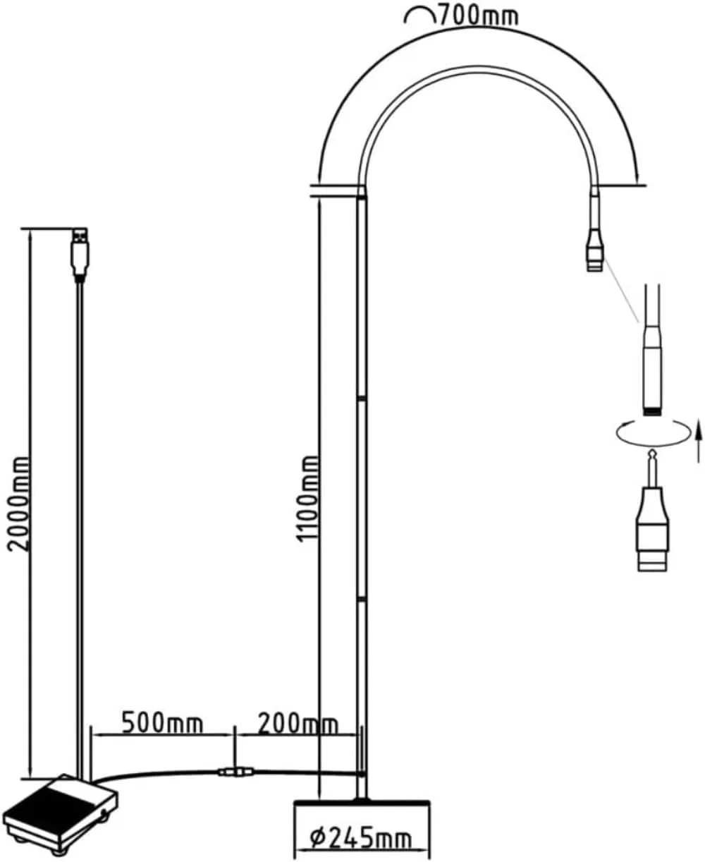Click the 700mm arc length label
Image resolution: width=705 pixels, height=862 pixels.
(x=478, y=16)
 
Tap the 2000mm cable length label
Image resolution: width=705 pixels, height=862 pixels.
(x=19, y=504)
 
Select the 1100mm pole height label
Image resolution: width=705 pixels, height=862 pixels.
(x=307, y=499)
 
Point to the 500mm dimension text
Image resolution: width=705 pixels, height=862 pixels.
(x=162, y=723)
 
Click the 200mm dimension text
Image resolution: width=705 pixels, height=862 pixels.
(x=298, y=724)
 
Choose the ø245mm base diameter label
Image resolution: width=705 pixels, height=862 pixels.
(x=361, y=838)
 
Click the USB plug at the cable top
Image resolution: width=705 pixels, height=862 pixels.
(x=80, y=254)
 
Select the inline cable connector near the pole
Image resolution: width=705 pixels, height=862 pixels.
(x=235, y=772)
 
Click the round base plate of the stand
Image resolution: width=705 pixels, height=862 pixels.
(x=362, y=802)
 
